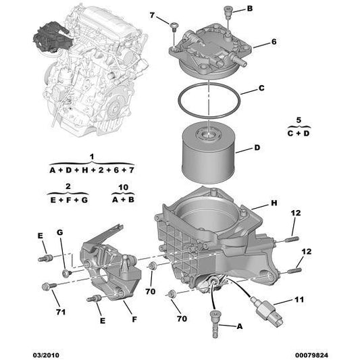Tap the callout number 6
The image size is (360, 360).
274,42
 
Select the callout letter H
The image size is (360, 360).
274,203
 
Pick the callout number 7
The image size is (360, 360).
151,15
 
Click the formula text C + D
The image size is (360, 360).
299,133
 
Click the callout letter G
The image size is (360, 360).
59,233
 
